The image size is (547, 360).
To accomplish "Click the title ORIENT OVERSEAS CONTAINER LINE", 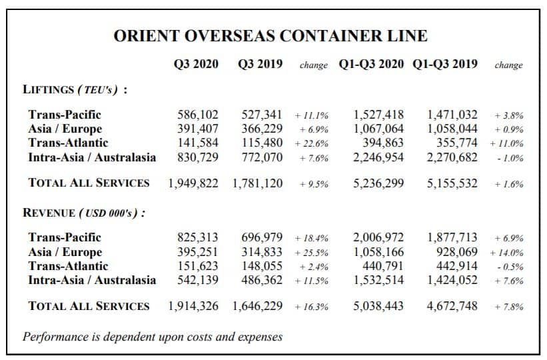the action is click(x=271, y=35).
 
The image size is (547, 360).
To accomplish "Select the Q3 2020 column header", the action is click(x=196, y=64).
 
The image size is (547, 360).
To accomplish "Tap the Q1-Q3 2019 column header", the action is click(x=445, y=64).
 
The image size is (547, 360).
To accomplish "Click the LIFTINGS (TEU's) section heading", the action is click(x=75, y=89).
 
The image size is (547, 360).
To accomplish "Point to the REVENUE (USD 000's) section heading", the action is click(x=84, y=213).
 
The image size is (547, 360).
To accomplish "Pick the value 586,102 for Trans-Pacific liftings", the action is click(x=197, y=115).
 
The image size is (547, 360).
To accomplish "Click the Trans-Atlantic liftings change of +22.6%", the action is click(x=312, y=143).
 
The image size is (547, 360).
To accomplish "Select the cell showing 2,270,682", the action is click(x=452, y=157).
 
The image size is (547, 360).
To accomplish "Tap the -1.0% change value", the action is click(x=510, y=158).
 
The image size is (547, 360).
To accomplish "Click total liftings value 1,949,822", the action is click(x=193, y=183).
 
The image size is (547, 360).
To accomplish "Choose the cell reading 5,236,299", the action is click(x=378, y=183).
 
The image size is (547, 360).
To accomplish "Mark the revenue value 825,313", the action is click(x=197, y=237).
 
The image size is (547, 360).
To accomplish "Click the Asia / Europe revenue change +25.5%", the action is click(x=312, y=253).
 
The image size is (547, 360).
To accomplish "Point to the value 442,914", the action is click(x=456, y=266).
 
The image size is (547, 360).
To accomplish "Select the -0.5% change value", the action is click(x=510, y=267).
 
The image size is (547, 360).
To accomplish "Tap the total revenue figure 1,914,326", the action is click(x=193, y=306).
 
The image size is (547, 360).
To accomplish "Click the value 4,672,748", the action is click(x=452, y=306).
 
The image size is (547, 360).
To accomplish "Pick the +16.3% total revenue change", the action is click(x=312, y=307).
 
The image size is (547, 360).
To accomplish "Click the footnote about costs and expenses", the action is click(x=153, y=337).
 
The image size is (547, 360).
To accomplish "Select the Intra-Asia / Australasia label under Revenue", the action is click(x=92, y=280).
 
